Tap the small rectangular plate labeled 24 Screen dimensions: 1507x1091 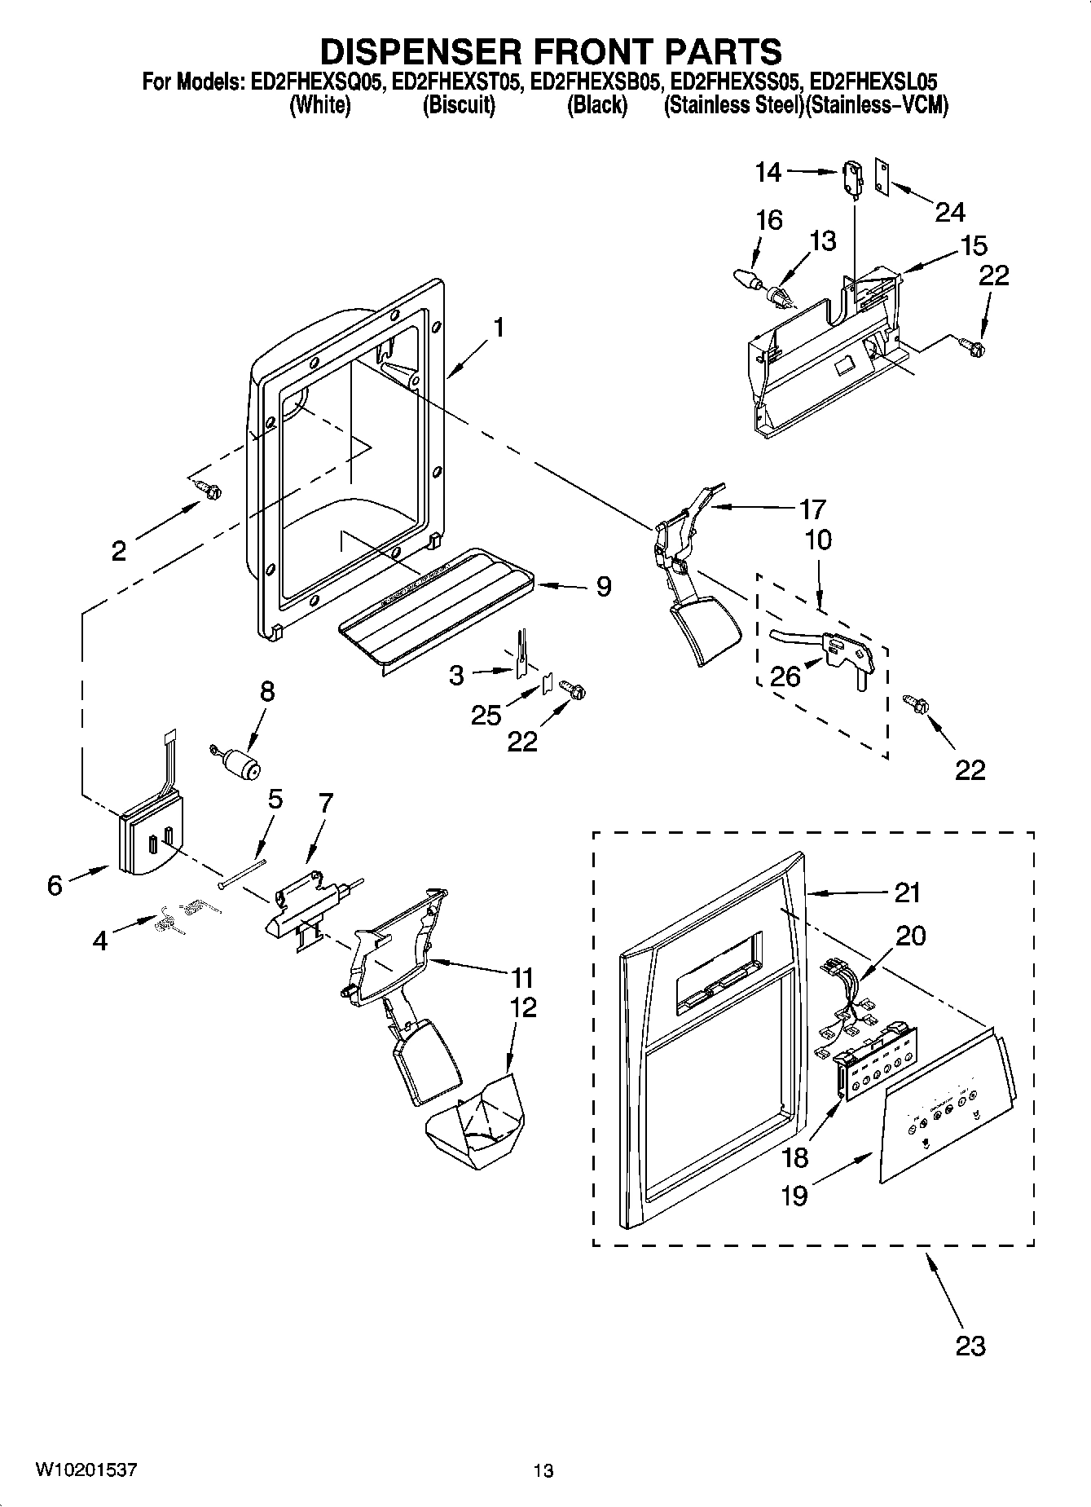pos(882,175)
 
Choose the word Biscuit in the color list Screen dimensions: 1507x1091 pos(459,106)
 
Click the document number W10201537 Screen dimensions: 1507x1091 pos(86,1470)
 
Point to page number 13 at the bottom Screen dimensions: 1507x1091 pos(543,1470)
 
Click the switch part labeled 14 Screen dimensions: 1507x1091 pos(852,178)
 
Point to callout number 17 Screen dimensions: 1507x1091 pos(812,509)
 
